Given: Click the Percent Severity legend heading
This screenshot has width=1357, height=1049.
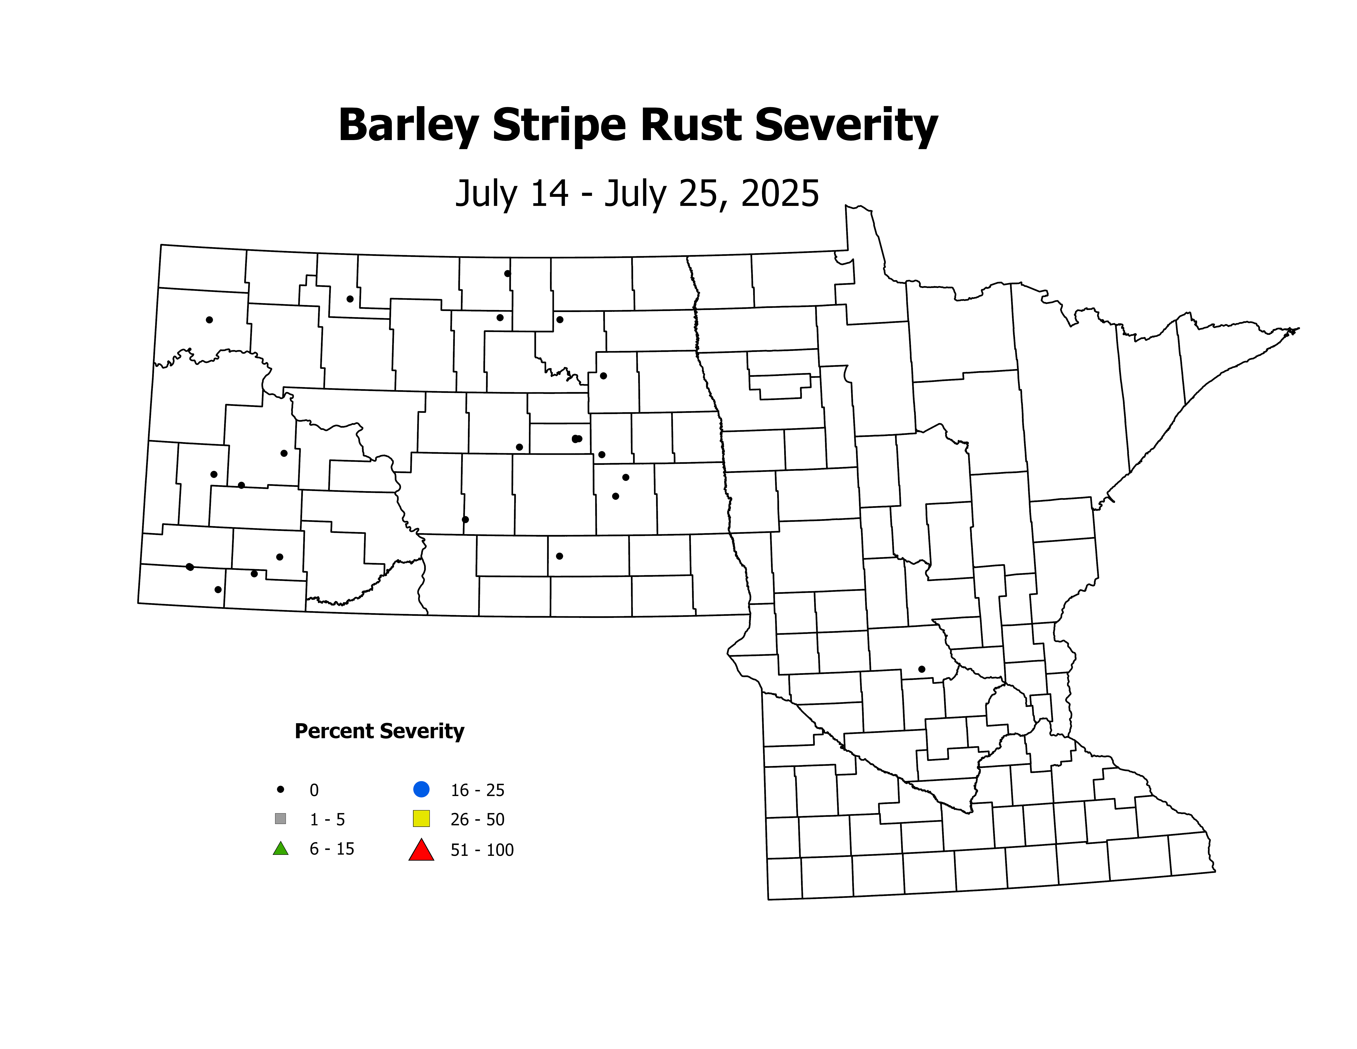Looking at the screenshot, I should tap(379, 731).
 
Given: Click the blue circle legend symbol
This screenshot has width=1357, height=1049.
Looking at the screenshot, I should tap(421, 789).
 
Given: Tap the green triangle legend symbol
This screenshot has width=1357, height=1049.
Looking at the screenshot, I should tap(281, 848).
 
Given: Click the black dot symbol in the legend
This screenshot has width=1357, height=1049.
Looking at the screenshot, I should tap(281, 789).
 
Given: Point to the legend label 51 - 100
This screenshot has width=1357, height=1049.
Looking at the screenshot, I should tap(482, 850).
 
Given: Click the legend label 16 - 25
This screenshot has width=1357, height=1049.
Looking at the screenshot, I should tap(477, 790).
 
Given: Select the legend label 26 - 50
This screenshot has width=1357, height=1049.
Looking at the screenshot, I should tap(477, 820).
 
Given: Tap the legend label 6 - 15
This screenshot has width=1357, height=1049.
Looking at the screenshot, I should tap(332, 849).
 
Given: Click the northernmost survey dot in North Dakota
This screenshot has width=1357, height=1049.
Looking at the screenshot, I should tap(508, 273).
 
